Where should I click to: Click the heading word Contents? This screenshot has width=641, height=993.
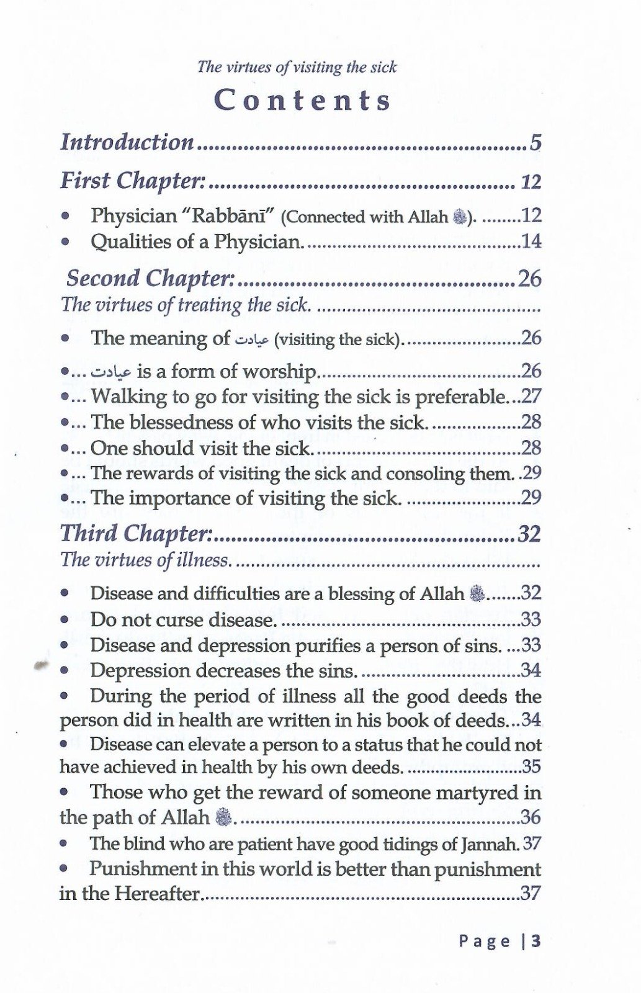[x=303, y=101]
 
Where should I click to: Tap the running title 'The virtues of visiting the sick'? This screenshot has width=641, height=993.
[x=297, y=67]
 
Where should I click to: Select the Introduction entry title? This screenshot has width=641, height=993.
[x=127, y=142]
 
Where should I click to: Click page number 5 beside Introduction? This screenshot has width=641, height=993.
[x=536, y=143]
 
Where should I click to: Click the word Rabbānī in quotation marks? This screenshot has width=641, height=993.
[x=226, y=216]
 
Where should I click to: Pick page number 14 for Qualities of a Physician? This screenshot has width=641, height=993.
[x=531, y=241]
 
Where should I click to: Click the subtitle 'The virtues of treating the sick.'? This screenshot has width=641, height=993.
[x=185, y=305]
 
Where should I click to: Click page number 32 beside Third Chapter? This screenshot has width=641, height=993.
[x=529, y=534]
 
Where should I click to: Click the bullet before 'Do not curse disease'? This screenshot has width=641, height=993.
[x=65, y=620]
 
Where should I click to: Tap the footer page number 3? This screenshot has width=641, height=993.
[x=536, y=941]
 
